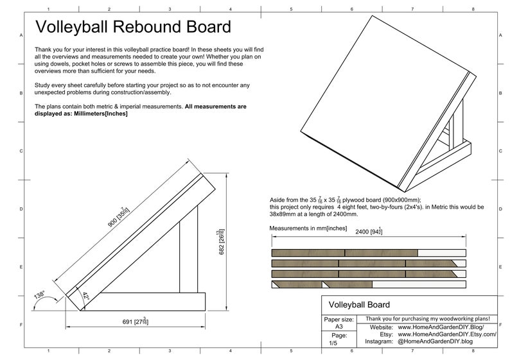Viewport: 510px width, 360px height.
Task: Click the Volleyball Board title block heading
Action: (x=359, y=304)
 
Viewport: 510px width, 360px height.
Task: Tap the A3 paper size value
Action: (x=339, y=327)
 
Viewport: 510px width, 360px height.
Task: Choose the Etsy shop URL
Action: (x=447, y=334)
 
